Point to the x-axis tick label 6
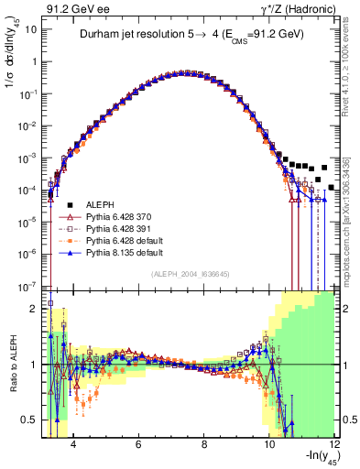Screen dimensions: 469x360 [137, 445]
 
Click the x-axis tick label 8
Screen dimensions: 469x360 [203, 445]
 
